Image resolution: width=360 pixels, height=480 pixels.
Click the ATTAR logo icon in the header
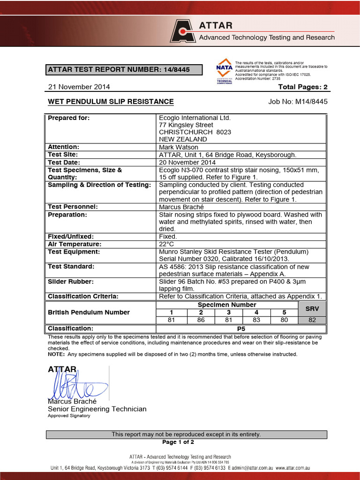point(183,31)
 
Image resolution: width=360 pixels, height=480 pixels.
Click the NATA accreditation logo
point(224,71)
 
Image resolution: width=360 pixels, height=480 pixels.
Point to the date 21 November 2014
point(79,87)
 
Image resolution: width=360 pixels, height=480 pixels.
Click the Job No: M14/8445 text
point(298,101)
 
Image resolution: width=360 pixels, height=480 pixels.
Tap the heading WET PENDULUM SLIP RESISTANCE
point(111,101)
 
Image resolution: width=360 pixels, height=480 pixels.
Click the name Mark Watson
point(179,147)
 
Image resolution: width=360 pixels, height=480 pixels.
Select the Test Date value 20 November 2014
point(187,162)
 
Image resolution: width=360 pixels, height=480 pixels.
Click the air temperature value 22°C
point(167,244)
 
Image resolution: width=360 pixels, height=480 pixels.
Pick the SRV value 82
point(312,320)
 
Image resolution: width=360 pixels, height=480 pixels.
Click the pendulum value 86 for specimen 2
point(201,320)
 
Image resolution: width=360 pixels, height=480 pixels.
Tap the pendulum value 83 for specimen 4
point(256,320)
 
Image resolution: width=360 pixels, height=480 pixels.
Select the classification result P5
point(241,329)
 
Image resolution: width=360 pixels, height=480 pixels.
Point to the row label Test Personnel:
point(73,207)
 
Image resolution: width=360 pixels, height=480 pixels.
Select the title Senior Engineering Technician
point(97,409)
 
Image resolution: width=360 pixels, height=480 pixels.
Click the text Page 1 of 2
point(178,442)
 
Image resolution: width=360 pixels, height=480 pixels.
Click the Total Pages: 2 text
point(302,87)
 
